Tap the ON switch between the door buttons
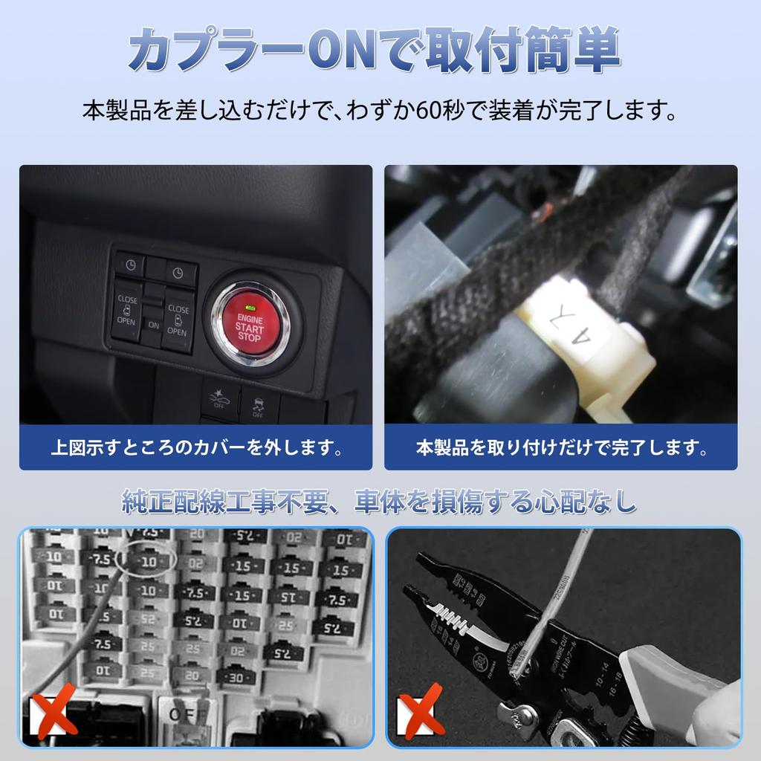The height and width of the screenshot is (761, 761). (x=154, y=325)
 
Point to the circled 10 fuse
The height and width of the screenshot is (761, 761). (x=149, y=562)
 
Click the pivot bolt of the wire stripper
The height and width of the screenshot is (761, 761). (x=525, y=715)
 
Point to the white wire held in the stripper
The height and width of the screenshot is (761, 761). (x=559, y=595)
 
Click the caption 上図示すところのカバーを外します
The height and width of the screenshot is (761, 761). (x=195, y=448)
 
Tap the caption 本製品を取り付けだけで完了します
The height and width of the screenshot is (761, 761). (x=560, y=448)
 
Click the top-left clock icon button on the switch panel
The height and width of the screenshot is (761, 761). (x=129, y=265)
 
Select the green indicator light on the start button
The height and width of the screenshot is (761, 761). (x=250, y=308)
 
